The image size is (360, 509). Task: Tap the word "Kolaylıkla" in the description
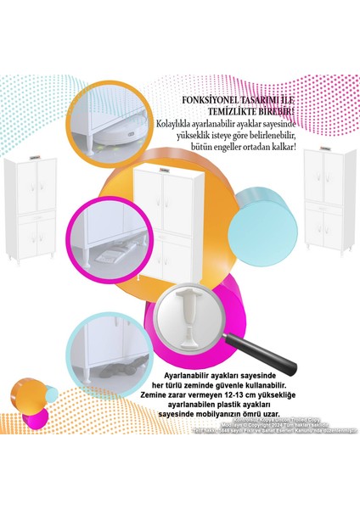(173, 124)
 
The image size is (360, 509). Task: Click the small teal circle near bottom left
(42, 411)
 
